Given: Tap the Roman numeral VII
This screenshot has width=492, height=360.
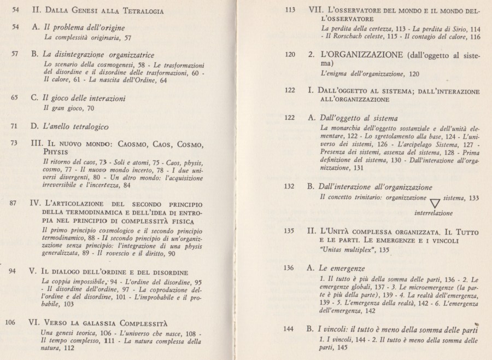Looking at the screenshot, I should click(x=315, y=10).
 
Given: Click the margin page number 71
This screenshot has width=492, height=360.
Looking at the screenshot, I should click(x=15, y=126).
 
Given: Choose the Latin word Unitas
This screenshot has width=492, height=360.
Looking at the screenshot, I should click(x=332, y=250).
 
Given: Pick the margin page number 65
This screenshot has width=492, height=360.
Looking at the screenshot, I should click(x=15, y=98).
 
